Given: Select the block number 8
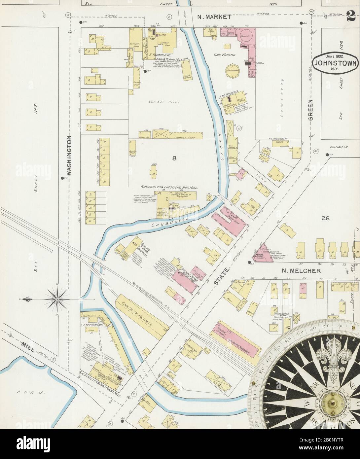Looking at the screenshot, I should pos(174,158).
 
